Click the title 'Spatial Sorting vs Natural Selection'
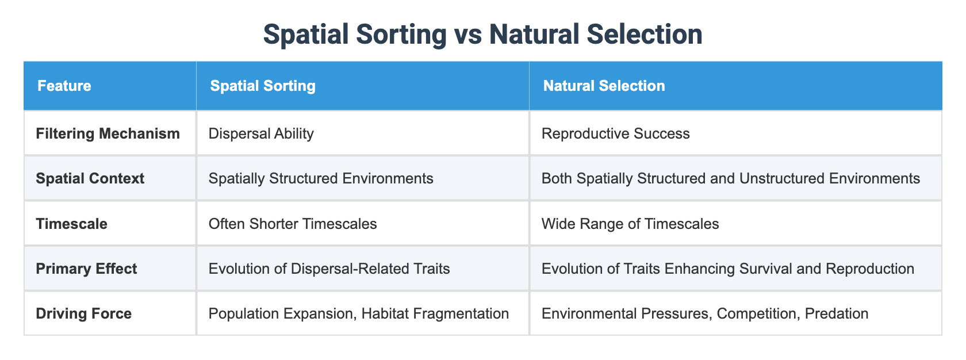(482, 35)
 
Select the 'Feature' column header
(64, 86)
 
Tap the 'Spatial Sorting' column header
(262, 86)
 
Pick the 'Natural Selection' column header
(604, 86)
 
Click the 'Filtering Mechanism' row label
(108, 133)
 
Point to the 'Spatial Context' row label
(90, 178)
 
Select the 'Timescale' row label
(71, 224)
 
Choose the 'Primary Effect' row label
(86, 269)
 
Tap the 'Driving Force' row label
(83, 313)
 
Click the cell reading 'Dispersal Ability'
(261, 133)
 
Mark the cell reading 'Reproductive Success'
(615, 133)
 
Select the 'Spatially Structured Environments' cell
(321, 178)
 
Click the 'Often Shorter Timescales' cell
(293, 224)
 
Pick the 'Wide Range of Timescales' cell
(630, 224)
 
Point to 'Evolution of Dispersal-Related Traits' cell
(329, 269)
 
